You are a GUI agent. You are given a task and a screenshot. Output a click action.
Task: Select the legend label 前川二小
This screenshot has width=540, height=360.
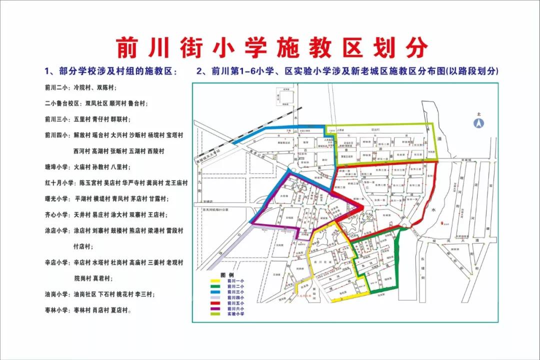pos(235,286)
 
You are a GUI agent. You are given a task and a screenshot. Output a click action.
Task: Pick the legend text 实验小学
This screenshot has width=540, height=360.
pos(235,314)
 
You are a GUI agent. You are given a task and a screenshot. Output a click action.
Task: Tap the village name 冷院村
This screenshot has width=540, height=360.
pos(83,87)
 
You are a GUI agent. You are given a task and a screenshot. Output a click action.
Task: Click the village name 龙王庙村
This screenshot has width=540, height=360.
pos(176,183)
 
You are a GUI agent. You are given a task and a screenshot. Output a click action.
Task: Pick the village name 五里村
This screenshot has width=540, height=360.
pos(81,119)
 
